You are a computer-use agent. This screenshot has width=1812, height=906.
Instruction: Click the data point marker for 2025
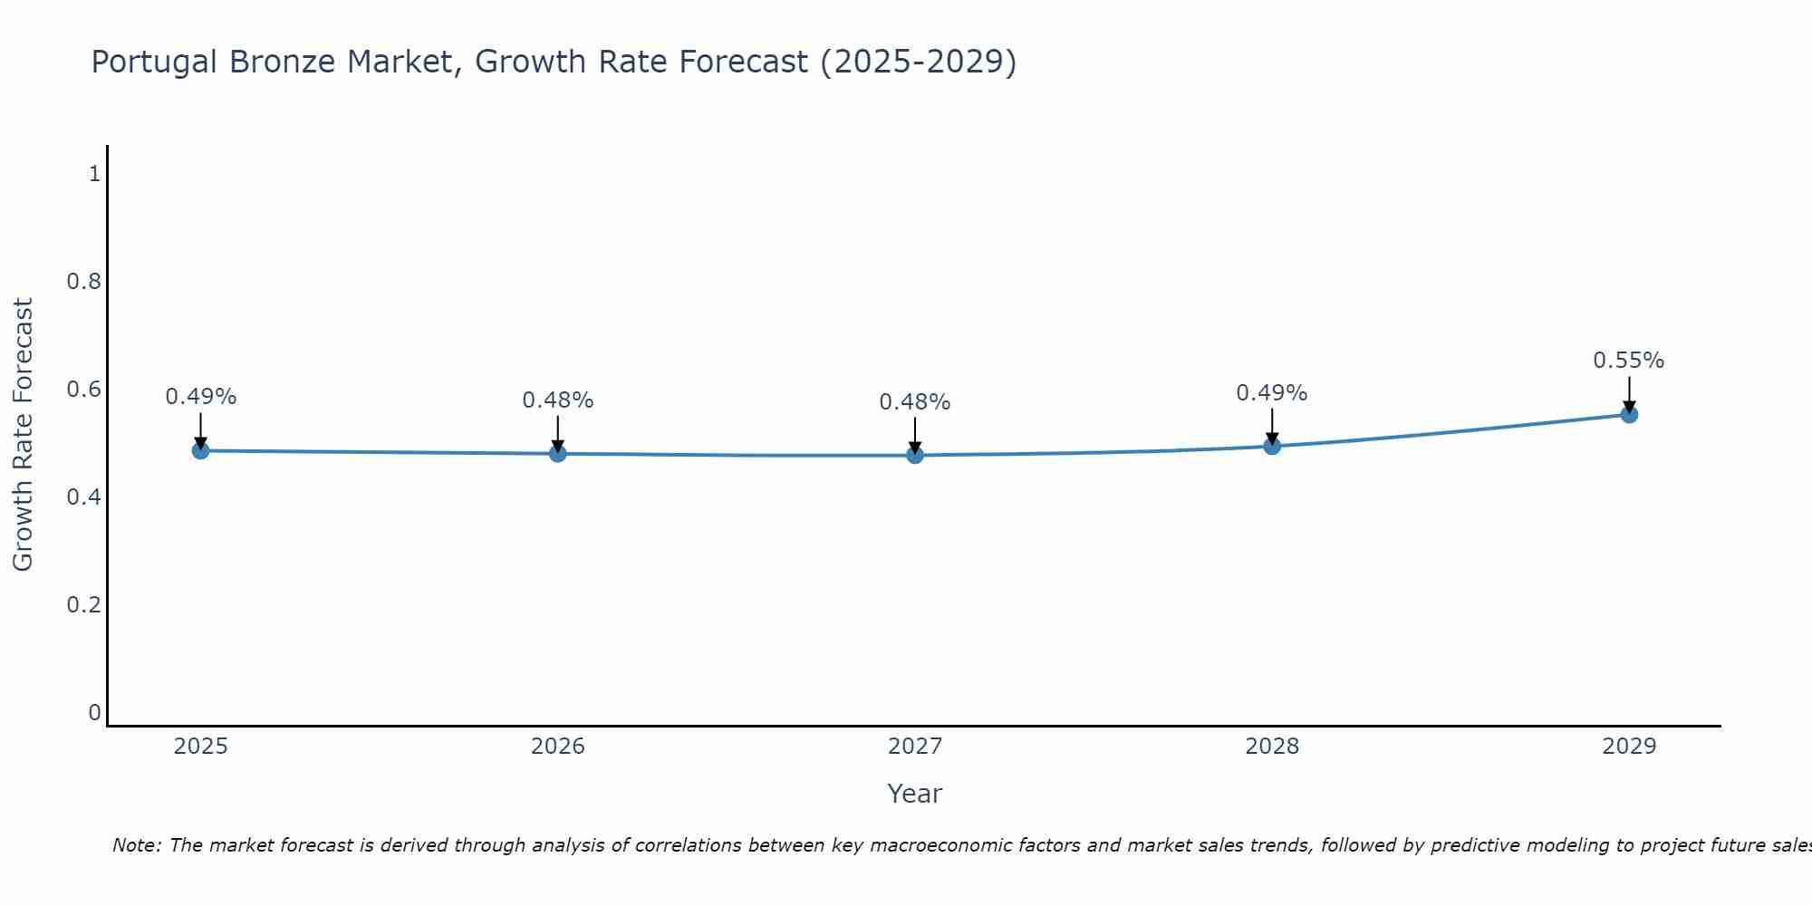point(200,450)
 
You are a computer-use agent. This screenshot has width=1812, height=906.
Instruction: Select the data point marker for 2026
point(558,453)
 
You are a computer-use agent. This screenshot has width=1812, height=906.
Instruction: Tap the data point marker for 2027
point(915,455)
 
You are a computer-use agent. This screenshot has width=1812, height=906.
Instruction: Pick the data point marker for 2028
point(1272,446)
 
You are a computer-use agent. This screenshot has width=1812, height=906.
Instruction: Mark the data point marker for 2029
point(1629,415)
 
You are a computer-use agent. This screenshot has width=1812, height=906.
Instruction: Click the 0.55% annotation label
point(1629,361)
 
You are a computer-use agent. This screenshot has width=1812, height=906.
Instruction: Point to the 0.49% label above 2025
point(200,397)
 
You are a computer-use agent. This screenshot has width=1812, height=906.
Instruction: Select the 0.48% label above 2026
point(558,400)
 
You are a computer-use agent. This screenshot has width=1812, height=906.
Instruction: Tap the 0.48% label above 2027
point(915,402)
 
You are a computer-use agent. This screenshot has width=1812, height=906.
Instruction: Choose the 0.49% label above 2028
point(1272,393)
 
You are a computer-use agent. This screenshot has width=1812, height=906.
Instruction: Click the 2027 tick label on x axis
point(915,747)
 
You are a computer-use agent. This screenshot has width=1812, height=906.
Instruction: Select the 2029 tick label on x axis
point(1629,747)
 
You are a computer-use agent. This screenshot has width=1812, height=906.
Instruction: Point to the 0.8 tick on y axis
point(83,282)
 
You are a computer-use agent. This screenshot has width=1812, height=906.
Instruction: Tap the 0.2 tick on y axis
point(83,605)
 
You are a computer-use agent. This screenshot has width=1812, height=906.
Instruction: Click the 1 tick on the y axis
point(94,174)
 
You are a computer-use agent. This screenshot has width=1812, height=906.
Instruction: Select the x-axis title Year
point(915,794)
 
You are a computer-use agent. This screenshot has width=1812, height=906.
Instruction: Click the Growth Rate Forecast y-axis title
point(23,435)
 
